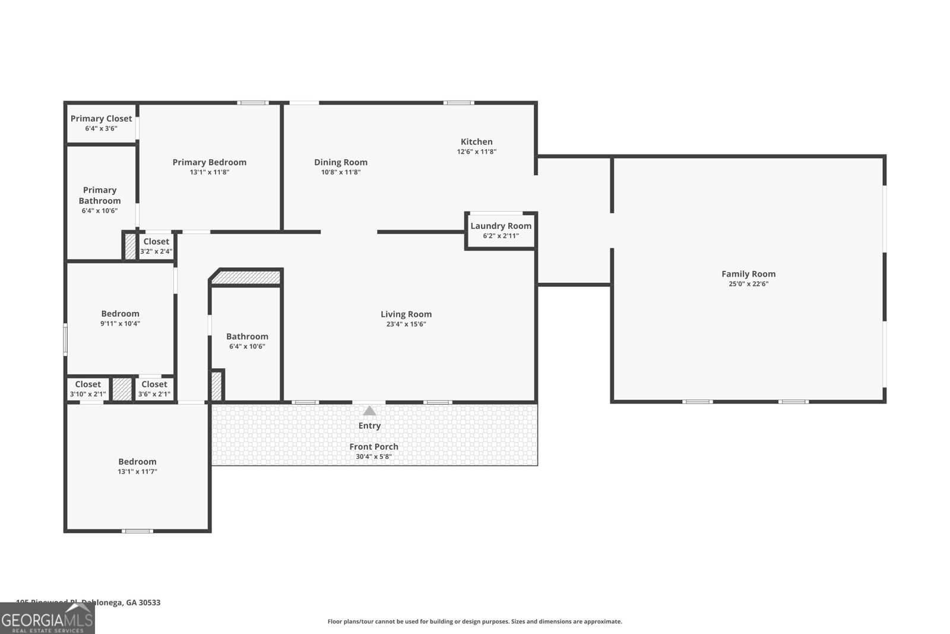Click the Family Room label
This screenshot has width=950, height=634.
[748, 274]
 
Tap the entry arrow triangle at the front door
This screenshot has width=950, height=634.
[369, 411]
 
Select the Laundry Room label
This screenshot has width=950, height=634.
[501, 226]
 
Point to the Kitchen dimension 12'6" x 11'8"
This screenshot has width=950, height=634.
[476, 152]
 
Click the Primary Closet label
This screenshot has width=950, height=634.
[101, 119]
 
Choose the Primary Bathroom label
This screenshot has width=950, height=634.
[100, 195]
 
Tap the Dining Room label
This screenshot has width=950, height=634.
[341, 162]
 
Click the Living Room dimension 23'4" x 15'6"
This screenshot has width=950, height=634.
[406, 324]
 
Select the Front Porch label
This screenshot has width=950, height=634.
[373, 447]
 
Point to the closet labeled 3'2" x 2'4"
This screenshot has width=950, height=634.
[156, 246]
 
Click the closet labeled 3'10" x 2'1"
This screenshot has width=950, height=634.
[88, 389]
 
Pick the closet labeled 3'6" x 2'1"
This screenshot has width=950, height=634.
[154, 389]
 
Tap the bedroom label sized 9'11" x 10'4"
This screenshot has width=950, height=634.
[120, 314]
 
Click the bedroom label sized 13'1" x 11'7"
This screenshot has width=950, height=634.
[137, 462]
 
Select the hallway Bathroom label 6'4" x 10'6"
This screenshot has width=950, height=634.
[247, 336]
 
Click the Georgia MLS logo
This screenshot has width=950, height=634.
[47, 619]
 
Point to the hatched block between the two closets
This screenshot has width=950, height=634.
[122, 389]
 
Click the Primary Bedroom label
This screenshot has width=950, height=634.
[209, 162]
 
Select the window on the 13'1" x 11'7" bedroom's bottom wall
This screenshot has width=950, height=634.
[137, 531]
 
